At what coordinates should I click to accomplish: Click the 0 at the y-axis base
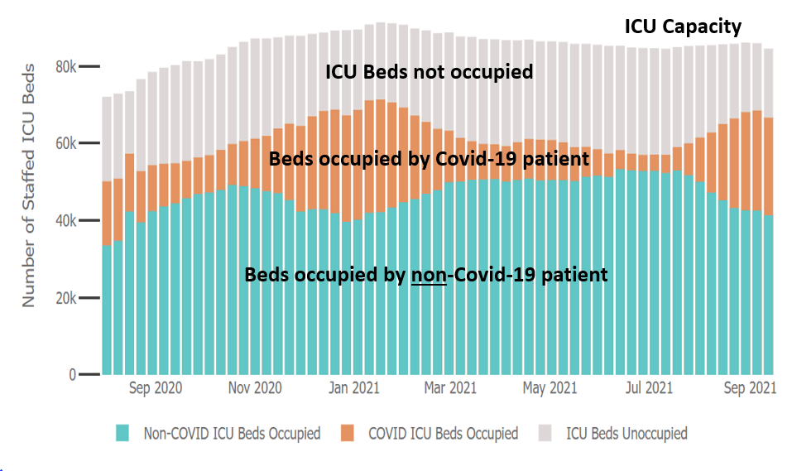point(72,375)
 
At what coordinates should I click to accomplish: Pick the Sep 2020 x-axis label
point(156,387)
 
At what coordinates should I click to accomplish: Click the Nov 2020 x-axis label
point(255,387)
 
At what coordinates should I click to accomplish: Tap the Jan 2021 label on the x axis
point(354,387)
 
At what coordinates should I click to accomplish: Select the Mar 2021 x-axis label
point(450,387)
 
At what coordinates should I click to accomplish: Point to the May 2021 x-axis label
point(550,387)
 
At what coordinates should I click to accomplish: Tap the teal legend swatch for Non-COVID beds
point(123,433)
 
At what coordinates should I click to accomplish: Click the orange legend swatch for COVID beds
point(348,433)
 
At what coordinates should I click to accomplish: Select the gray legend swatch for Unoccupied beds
point(545,433)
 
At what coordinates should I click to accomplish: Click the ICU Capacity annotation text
point(683,27)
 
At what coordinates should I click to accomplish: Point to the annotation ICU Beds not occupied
point(428,73)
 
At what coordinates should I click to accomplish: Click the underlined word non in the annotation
point(429,275)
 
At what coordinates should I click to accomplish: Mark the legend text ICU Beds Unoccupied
point(626,433)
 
